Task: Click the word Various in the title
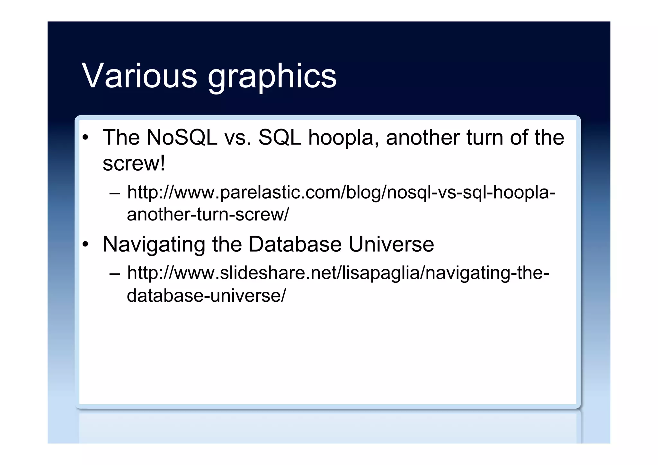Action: pyautogui.click(x=139, y=76)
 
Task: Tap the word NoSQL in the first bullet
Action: pyautogui.click(x=182, y=138)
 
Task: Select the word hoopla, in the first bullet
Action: pyautogui.click(x=344, y=138)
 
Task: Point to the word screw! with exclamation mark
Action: pyautogui.click(x=134, y=163)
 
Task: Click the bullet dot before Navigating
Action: pyautogui.click(x=85, y=245)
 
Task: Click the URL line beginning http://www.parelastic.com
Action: pyautogui.click(x=341, y=193)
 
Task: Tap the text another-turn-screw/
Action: pyautogui.click(x=208, y=214)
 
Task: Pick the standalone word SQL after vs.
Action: pyautogui.click(x=280, y=138)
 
